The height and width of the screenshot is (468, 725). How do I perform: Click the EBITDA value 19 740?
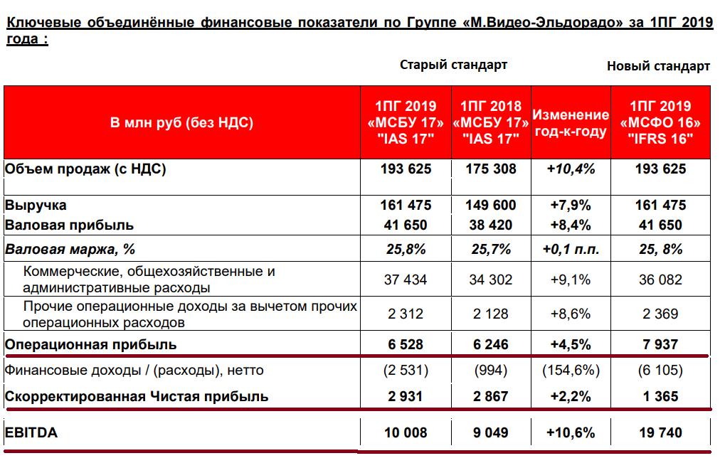coord(660,432)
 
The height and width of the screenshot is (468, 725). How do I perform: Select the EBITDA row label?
coord(31,432)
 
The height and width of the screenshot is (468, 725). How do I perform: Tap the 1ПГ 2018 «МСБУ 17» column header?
coord(491,122)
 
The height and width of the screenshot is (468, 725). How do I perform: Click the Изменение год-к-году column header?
coord(571,122)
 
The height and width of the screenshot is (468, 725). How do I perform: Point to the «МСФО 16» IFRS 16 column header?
coord(660,122)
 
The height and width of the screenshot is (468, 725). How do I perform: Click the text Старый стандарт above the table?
coord(453,65)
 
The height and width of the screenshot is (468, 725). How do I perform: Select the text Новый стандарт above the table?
coord(658,66)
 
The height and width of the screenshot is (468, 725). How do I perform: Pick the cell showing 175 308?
coord(491,169)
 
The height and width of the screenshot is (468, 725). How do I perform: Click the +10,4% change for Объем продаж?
coord(571,169)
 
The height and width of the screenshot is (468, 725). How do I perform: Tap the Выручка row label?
coord(36,206)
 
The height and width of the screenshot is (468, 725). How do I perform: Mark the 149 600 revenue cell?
coord(491,206)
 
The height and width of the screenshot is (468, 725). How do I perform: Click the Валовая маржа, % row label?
coord(70,250)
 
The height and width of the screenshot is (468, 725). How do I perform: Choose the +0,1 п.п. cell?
coord(571,250)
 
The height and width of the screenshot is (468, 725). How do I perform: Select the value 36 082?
coord(660,280)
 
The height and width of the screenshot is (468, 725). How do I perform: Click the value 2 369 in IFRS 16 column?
coord(660,314)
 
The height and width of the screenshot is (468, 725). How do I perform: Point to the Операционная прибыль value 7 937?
coord(660,344)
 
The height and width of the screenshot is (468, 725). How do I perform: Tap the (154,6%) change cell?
coord(571,371)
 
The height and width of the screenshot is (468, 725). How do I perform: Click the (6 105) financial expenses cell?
coord(660,371)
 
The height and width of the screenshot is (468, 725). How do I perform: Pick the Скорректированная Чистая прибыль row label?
coord(137,397)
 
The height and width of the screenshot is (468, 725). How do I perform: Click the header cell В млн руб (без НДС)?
coord(181,122)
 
